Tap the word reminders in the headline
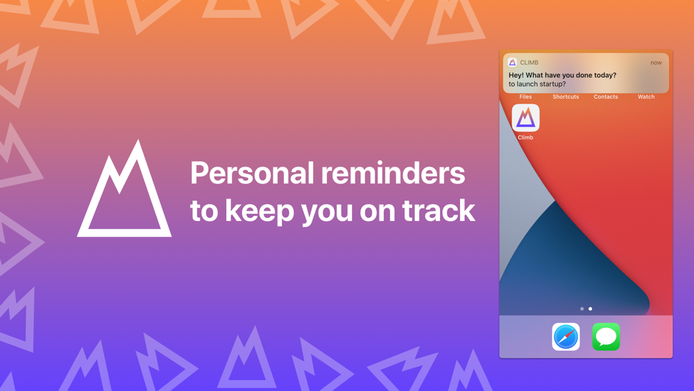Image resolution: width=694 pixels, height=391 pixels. tap(393, 173)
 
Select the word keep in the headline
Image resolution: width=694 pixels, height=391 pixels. tap(260, 211)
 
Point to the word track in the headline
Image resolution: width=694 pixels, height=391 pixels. tap(439, 210)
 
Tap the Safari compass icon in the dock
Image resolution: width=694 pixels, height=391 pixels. tap(566, 337)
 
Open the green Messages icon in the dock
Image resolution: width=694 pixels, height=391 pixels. tap(606, 337)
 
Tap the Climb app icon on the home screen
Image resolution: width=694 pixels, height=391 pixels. tap(525, 118)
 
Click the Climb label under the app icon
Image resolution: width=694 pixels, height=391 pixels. tap(525, 138)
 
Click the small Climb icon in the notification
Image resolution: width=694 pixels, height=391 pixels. tap(512, 63)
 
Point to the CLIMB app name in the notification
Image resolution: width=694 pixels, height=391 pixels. tap(530, 63)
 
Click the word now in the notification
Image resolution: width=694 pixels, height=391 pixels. tap(656, 63)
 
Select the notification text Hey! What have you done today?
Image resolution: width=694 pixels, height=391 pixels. tap(562, 75)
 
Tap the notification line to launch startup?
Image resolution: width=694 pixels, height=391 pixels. tap(537, 84)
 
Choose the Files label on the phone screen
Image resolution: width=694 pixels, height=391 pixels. tap(525, 97)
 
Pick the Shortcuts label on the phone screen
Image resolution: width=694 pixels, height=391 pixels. tap(566, 97)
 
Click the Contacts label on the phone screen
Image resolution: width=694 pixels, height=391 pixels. tap(606, 97)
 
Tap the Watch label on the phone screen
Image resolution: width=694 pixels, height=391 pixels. tap(646, 97)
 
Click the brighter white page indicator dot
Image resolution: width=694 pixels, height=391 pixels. tap(590, 308)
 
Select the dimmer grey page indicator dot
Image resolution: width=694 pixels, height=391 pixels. tap(582, 308)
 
